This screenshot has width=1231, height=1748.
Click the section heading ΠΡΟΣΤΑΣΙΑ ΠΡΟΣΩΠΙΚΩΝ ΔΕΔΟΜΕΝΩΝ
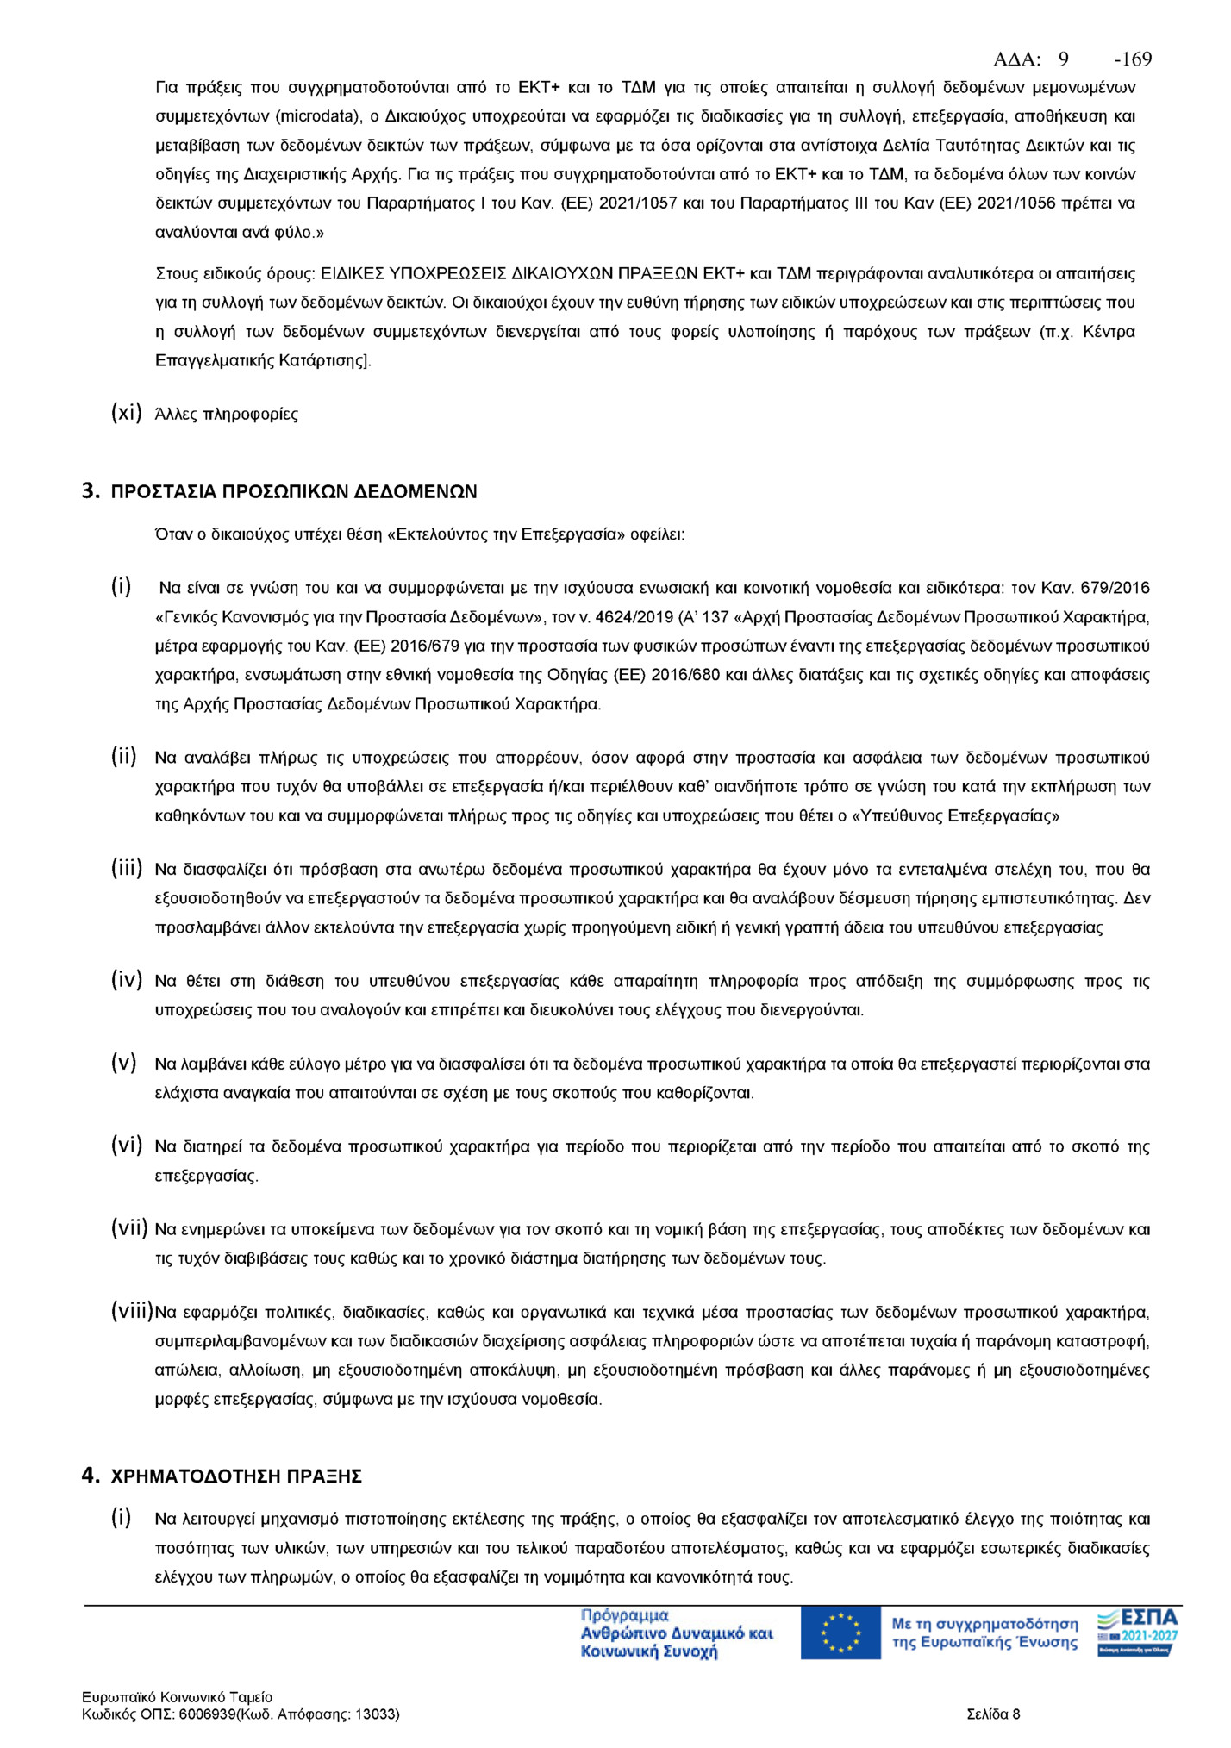pyautogui.click(x=294, y=492)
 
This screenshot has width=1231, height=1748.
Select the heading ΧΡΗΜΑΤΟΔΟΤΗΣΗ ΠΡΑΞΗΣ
pyautogui.click(x=236, y=1476)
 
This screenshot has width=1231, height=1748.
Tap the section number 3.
pyautogui.click(x=91, y=491)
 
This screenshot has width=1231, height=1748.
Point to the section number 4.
pyautogui.click(x=91, y=1476)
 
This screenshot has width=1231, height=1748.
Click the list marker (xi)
pyautogui.click(x=126, y=413)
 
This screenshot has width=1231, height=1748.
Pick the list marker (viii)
pyautogui.click(x=131, y=1312)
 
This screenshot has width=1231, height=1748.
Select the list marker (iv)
pyautogui.click(x=126, y=980)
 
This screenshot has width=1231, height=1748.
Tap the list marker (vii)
pyautogui.click(x=128, y=1228)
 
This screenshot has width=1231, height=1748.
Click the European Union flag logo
pyautogui.click(x=840, y=1633)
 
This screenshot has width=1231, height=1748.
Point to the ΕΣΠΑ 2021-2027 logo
pyautogui.click(x=1139, y=1632)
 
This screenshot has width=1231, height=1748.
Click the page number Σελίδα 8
pyautogui.click(x=993, y=1714)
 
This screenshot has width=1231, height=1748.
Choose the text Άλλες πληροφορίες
pyautogui.click(x=227, y=415)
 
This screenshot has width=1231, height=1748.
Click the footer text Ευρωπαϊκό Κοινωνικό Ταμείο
pyautogui.click(x=178, y=1697)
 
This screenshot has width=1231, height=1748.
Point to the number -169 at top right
pyautogui.click(x=1133, y=59)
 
